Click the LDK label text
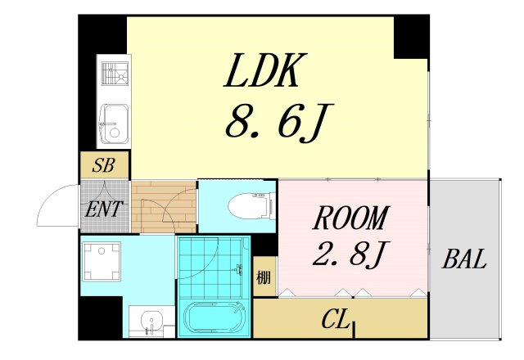[x=261, y=70]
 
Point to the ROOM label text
[x=351, y=218]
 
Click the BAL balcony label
[x=464, y=259]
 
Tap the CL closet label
[x=336, y=319]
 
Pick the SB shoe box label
[x=104, y=165]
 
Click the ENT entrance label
[x=104, y=209]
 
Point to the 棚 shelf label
[x=264, y=277]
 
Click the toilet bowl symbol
[x=251, y=206]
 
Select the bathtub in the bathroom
[x=215, y=317]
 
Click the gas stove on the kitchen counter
[x=115, y=74]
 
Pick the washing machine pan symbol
[x=102, y=262]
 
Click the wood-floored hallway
[x=164, y=207]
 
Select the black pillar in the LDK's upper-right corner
[x=411, y=37]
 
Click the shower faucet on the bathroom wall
[x=238, y=269]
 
